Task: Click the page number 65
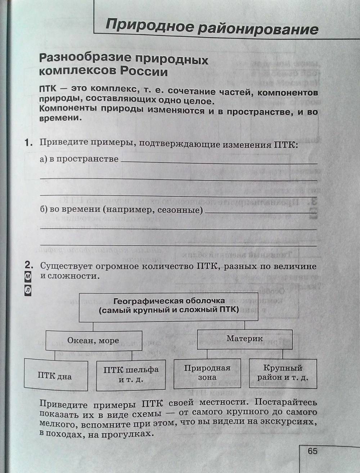[x=312, y=451]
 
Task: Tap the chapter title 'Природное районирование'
[x=212, y=27]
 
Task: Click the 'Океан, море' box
[x=93, y=340]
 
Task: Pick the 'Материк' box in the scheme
[x=244, y=339]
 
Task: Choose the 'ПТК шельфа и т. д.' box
[x=131, y=375]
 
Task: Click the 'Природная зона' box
[x=207, y=373]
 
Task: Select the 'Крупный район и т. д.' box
[x=283, y=373]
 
